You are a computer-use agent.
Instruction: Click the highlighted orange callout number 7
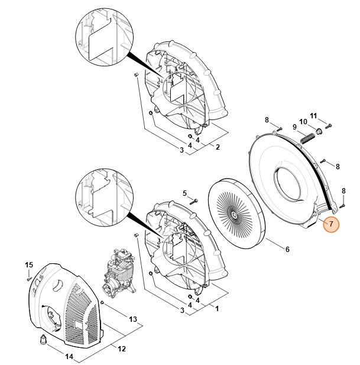coord(331,225)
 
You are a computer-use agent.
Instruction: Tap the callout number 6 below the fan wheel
coord(287,249)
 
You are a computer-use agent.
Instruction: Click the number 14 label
coord(69,357)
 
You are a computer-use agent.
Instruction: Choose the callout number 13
coord(133,319)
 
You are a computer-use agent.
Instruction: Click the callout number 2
coord(217,147)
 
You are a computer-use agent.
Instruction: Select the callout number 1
coord(217,309)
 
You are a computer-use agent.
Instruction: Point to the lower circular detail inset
coord(101,194)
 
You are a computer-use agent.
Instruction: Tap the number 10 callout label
coord(301,121)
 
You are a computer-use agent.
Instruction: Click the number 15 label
coord(28,264)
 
